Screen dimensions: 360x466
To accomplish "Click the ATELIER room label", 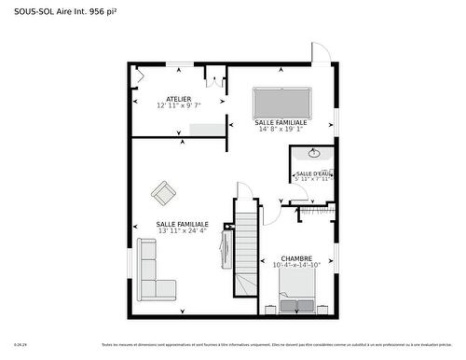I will pyautogui.click(x=179, y=99).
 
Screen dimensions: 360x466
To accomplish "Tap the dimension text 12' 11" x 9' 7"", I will pyautogui.click(x=179, y=105).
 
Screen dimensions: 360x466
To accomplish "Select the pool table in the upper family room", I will pyautogui.click(x=284, y=100).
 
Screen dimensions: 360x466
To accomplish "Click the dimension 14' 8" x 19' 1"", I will pyautogui.click(x=284, y=129).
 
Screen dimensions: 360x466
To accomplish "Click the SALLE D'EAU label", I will pyautogui.click(x=313, y=173).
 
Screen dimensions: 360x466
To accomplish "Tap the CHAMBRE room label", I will pyautogui.click(x=296, y=258).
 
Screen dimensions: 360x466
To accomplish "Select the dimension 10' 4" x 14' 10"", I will pyautogui.click(x=296, y=266).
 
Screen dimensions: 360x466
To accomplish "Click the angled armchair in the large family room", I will pyautogui.click(x=164, y=193).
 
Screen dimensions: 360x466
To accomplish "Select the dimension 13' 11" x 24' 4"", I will pyautogui.click(x=182, y=230).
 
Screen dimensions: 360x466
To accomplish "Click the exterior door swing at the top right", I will pyautogui.click(x=319, y=53).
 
